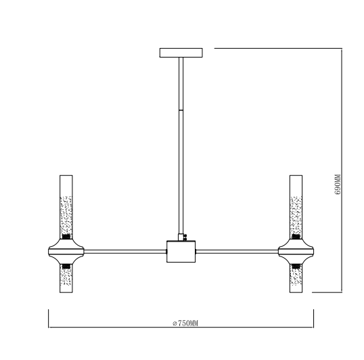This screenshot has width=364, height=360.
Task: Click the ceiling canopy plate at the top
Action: click(x=181, y=53)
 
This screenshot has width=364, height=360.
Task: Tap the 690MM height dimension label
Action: click(x=338, y=185)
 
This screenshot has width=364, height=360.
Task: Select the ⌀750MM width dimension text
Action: click(x=185, y=323)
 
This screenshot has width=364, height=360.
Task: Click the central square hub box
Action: click(x=181, y=252)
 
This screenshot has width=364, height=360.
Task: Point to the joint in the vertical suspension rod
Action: click(x=181, y=110)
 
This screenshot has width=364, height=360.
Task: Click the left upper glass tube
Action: click(x=66, y=207)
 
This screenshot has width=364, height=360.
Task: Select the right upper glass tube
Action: click(x=296, y=207)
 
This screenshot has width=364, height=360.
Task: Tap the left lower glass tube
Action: click(x=66, y=278)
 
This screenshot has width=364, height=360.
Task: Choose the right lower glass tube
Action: click(x=296, y=278)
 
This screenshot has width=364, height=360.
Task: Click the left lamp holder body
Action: click(x=66, y=252)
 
